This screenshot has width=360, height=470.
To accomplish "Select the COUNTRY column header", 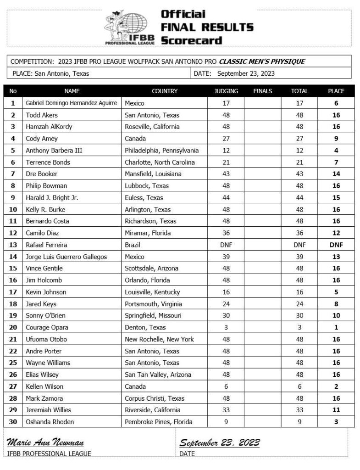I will pyautogui.click(x=165, y=91).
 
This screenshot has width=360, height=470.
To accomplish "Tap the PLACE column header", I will pyautogui.click(x=336, y=91).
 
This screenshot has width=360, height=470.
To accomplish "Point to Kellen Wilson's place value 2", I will pyautogui.click(x=336, y=386).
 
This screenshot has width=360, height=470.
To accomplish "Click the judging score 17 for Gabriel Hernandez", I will pyautogui.click(x=226, y=103).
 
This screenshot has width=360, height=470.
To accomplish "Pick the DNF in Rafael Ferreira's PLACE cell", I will pyautogui.click(x=336, y=245).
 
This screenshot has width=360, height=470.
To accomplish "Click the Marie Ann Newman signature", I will pyautogui.click(x=45, y=442).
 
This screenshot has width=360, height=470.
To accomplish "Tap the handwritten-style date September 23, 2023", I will pyautogui.click(x=219, y=442).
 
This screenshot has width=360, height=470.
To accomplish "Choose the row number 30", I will pyautogui.click(x=13, y=422).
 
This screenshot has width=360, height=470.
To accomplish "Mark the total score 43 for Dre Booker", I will pyautogui.click(x=299, y=174).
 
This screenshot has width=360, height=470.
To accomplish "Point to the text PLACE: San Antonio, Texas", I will pyautogui.click(x=51, y=73).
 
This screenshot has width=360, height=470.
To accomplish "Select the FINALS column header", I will pyautogui.click(x=262, y=91).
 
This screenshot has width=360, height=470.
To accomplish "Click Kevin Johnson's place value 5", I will pyautogui.click(x=336, y=292).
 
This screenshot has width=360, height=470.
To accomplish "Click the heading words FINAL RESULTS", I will pyautogui.click(x=206, y=27).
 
